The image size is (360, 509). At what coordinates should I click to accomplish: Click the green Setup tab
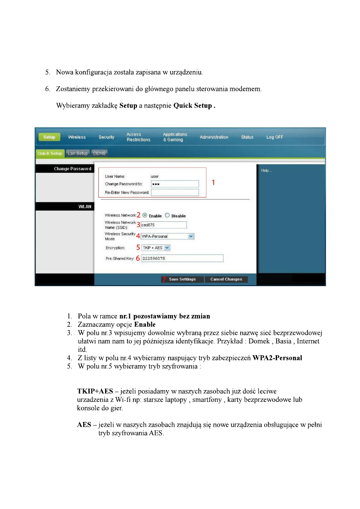click(49, 137)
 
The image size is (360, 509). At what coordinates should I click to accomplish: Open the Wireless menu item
click(77, 137)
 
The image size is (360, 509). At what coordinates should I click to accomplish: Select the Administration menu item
click(214, 137)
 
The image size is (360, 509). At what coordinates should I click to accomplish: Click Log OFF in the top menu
click(275, 137)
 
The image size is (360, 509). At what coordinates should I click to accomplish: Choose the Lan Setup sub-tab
click(77, 153)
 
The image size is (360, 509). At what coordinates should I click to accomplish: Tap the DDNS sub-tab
click(99, 153)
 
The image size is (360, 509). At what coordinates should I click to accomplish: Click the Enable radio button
click(145, 215)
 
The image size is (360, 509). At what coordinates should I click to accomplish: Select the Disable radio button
click(167, 215)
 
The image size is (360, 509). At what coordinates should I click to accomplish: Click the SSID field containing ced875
click(163, 225)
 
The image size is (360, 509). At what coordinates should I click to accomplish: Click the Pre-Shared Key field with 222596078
click(182, 258)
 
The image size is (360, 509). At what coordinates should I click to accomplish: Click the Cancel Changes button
click(226, 279)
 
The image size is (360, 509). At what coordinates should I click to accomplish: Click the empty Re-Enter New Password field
click(175, 193)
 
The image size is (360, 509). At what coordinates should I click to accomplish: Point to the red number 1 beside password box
click(213, 183)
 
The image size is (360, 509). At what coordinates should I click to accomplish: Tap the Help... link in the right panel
click(266, 170)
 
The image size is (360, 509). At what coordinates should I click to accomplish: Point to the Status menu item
click(247, 137)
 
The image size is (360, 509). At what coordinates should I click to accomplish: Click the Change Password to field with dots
click(175, 184)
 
